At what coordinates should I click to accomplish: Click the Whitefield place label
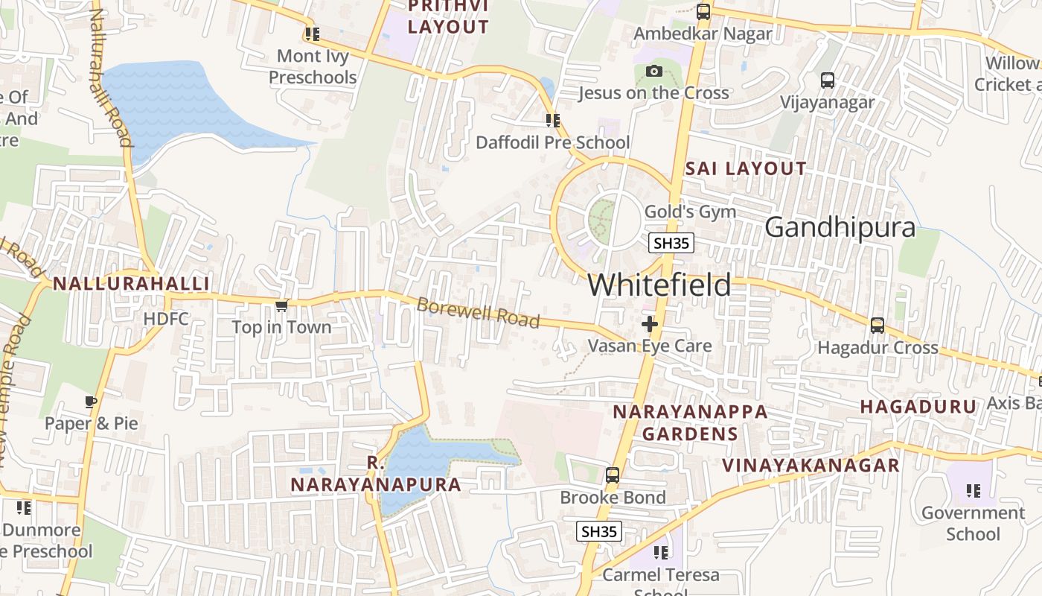click(659, 285)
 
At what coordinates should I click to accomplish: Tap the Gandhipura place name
click(840, 227)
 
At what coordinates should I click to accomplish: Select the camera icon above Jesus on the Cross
click(654, 72)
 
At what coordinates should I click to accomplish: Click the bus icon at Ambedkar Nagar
click(703, 12)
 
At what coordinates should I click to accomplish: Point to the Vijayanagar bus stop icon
click(827, 80)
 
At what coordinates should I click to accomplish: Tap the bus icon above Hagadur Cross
click(878, 326)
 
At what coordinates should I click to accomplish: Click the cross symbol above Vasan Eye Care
click(650, 324)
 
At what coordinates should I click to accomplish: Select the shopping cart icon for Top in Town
click(281, 305)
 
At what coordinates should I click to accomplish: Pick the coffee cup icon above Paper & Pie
click(91, 402)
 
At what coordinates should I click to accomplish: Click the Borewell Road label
click(478, 313)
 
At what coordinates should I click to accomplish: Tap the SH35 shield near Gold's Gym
click(671, 243)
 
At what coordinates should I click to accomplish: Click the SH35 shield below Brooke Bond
click(599, 531)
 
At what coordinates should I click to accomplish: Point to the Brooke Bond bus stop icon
click(612, 475)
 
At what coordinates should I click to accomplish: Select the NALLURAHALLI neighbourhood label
click(131, 284)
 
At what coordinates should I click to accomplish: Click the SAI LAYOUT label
click(745, 169)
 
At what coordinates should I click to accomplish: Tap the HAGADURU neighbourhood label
click(918, 407)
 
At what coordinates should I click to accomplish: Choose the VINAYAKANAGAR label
click(811, 466)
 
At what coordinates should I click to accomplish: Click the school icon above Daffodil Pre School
click(552, 121)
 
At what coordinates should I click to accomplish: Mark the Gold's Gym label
click(690, 212)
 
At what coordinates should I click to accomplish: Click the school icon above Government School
click(973, 491)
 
